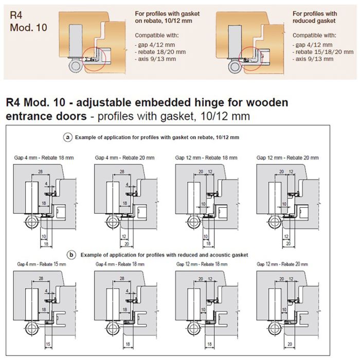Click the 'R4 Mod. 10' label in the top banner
pyautogui.click(x=28, y=21)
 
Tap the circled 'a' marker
pyautogui.click(x=67, y=137)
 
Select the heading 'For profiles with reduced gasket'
pyautogui.click(x=315, y=17)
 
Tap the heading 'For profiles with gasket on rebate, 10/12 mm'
pyautogui.click(x=167, y=17)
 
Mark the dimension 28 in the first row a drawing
pyautogui.click(x=40, y=171)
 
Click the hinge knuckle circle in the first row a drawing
pyautogui.click(x=30, y=223)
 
